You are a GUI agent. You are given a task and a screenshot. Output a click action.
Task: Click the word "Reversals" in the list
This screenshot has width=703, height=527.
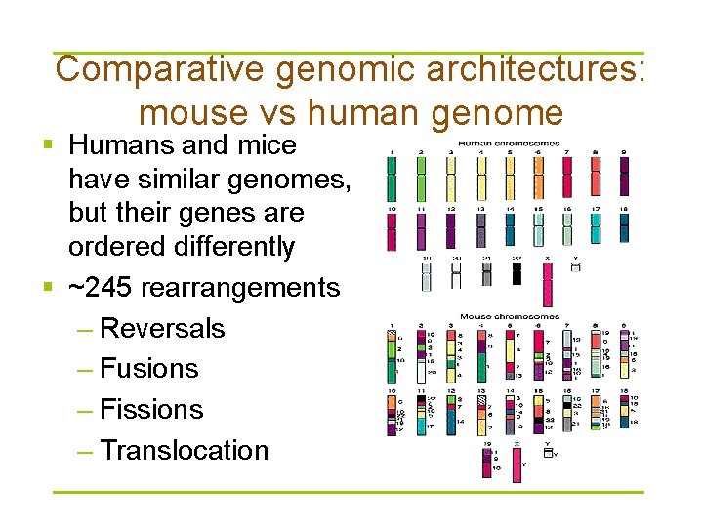click(162, 328)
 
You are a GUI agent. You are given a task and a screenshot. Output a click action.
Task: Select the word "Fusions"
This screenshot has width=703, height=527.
click(149, 369)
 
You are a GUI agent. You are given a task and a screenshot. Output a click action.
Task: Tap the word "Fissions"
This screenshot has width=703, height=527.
click(151, 410)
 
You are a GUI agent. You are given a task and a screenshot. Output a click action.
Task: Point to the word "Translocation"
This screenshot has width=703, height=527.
click(184, 451)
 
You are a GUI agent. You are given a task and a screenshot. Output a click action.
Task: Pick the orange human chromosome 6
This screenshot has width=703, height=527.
click(538, 181)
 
